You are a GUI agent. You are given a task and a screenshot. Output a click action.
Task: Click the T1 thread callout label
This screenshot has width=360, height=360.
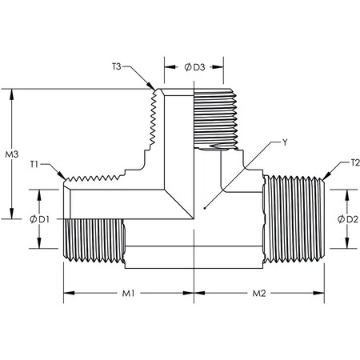(35, 164)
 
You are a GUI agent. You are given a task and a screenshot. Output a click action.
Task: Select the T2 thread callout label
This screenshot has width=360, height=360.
(355, 163)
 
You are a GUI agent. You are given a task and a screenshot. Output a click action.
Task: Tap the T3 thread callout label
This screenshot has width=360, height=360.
(118, 67)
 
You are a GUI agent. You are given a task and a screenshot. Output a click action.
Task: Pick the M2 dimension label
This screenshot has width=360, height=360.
(258, 294)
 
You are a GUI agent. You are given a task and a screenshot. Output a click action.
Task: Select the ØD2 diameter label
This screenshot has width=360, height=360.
(343, 218)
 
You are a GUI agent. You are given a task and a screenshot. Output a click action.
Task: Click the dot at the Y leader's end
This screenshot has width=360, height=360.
(206, 207)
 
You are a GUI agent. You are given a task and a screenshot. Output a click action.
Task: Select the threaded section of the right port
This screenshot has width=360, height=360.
(292, 218)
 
